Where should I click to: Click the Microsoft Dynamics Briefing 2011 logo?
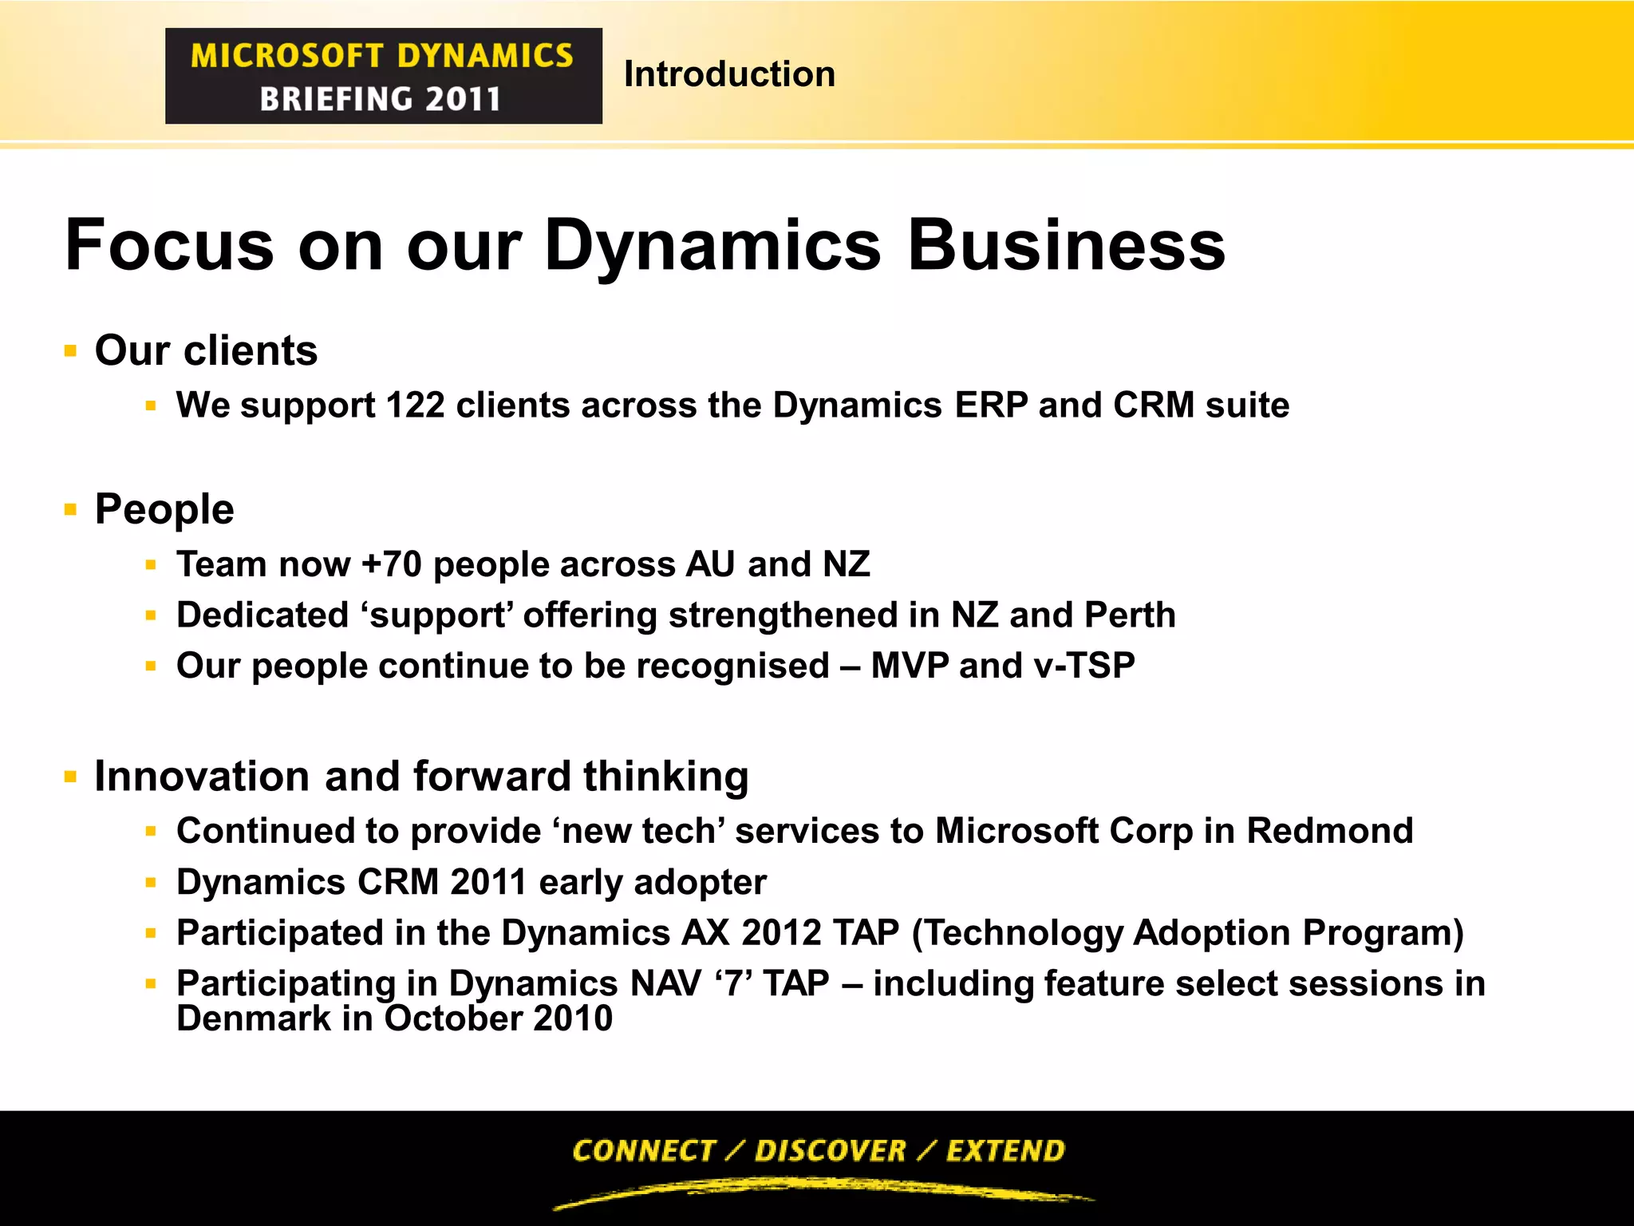(x=383, y=76)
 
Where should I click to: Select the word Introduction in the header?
(x=729, y=74)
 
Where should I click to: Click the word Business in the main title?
(x=1066, y=246)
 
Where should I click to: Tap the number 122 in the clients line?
(x=415, y=405)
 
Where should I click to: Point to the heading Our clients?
(x=206, y=351)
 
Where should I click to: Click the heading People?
(x=164, y=510)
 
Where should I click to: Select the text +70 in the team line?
(x=391, y=565)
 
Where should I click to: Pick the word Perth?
(x=1130, y=615)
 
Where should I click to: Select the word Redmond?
(x=1329, y=831)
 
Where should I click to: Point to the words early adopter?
(x=653, y=883)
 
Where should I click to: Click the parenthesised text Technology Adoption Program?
(x=1187, y=933)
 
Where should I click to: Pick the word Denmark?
(x=253, y=1019)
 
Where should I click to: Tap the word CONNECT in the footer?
(x=643, y=1151)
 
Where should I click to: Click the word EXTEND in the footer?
(x=1005, y=1151)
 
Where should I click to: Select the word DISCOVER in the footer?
(x=830, y=1151)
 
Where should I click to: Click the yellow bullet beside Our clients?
(x=70, y=351)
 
